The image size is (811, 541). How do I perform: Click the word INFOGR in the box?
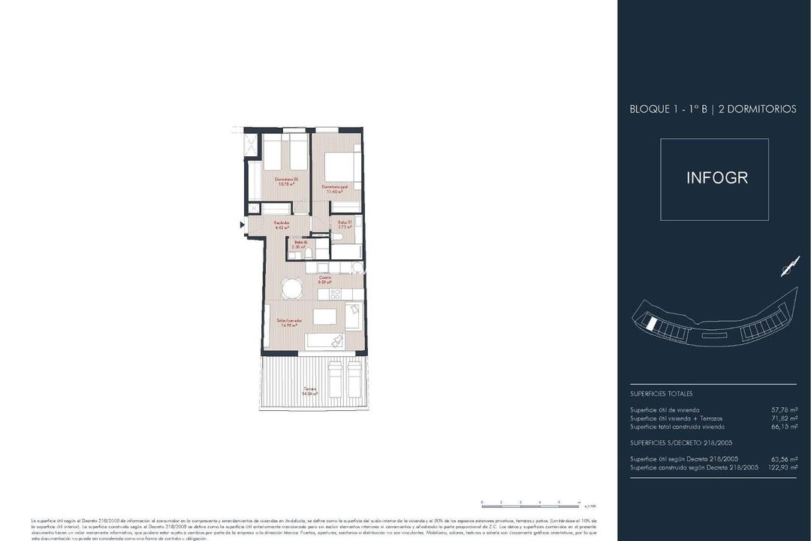pos(717,178)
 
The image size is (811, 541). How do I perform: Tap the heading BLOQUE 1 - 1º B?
pos(668,109)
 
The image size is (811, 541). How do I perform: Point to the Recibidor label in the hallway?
pos(282,224)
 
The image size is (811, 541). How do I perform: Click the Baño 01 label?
pos(344,224)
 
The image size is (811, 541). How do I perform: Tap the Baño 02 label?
pos(299,244)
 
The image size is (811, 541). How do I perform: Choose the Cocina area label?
pos(324,279)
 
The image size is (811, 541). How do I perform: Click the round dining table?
pos(291,288)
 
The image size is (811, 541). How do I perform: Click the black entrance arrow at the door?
pos(242,225)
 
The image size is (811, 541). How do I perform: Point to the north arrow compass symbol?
pos(789,266)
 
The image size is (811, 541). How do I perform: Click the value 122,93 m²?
pos(781,467)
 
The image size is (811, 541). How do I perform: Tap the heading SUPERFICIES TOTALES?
pos(661,394)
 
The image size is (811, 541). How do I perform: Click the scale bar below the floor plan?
pos(529,501)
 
